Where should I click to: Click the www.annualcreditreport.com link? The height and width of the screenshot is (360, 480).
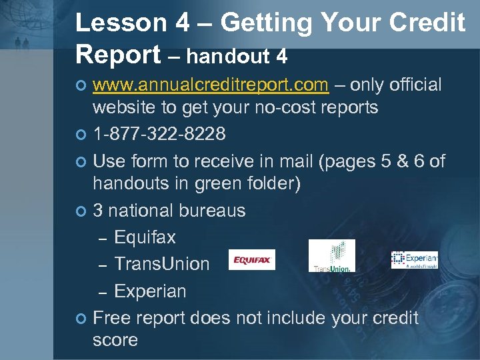point(210,85)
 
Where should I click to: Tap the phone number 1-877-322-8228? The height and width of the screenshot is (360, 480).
point(159,134)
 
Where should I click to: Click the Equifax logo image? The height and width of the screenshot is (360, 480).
point(251,259)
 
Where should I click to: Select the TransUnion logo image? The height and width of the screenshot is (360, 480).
point(331,256)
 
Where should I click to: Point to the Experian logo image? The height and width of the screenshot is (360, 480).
point(414,260)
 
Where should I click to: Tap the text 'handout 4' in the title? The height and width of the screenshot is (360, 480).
point(237,57)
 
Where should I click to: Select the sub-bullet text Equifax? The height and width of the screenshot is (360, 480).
point(145,237)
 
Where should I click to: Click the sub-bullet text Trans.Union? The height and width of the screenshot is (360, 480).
point(162,264)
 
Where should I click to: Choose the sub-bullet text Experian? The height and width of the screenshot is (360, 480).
point(150,291)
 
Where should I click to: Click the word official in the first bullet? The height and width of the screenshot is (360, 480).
point(415,85)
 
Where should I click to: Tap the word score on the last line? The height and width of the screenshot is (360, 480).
point(115,339)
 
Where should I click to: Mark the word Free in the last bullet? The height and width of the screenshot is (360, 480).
point(111,317)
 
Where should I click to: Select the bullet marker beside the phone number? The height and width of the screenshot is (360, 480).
point(81,135)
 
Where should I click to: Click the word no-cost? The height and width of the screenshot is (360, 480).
point(279,107)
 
